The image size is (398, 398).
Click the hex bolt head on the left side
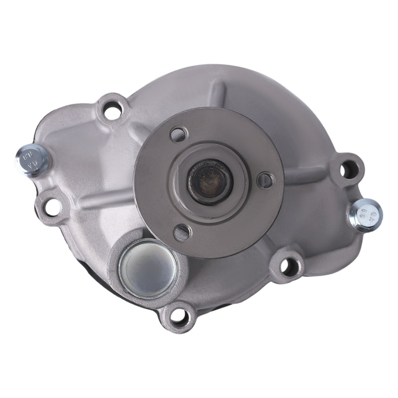[x=31, y=160]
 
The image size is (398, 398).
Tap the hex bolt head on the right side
[x=366, y=215]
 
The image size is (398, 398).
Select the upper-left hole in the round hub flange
[x=178, y=134]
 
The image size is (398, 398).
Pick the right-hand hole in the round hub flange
[x=265, y=181]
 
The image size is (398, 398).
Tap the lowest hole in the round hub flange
[x=182, y=232]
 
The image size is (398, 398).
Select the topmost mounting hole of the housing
[x=113, y=108]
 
